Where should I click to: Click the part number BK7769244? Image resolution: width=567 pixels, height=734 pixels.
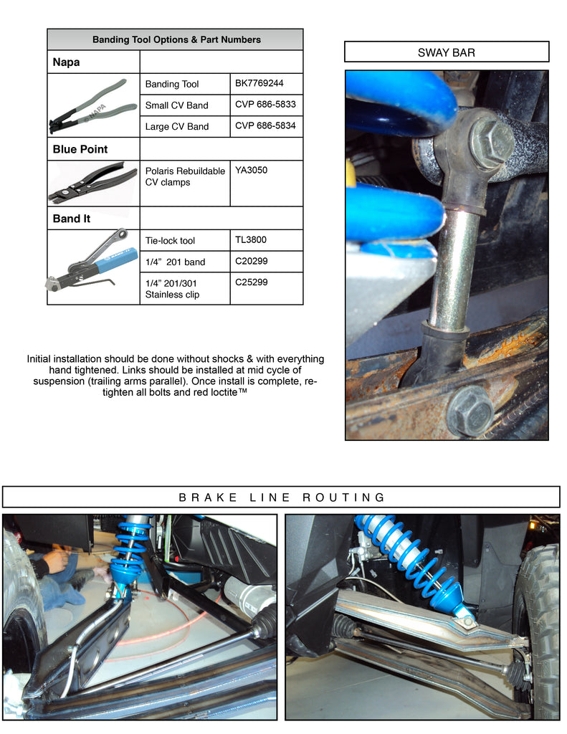click(259, 83)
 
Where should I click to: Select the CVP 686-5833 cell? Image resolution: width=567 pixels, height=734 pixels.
click(265, 105)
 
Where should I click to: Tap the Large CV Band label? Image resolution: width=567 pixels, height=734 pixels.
click(177, 126)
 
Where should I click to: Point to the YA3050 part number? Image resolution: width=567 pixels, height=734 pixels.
click(251, 170)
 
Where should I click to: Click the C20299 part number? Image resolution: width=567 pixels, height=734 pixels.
click(251, 261)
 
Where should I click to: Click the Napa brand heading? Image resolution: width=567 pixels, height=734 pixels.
click(66, 62)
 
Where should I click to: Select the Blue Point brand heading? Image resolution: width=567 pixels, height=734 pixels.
click(80, 149)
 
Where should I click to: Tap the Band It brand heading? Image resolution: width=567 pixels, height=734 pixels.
click(71, 219)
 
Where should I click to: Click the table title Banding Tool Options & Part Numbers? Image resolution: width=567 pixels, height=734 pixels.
click(176, 40)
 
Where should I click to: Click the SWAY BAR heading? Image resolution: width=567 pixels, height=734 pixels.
click(446, 52)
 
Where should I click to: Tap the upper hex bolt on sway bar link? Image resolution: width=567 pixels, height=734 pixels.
click(491, 142)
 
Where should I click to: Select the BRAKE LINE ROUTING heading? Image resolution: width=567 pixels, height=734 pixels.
click(282, 497)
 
